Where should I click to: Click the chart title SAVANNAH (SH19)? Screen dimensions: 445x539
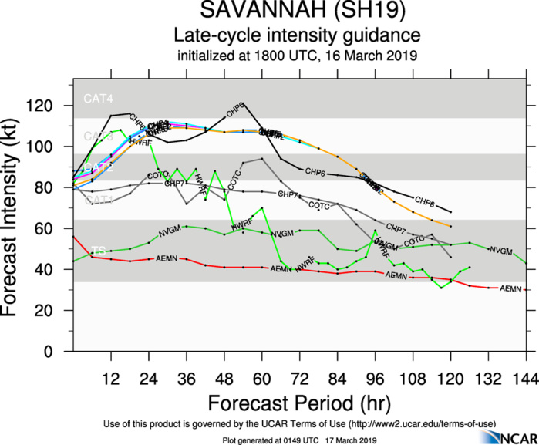297,12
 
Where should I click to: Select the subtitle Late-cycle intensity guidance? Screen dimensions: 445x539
297,35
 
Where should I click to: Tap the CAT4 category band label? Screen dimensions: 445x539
99,99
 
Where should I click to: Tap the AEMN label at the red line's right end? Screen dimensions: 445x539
511,288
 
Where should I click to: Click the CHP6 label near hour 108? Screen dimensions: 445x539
425,202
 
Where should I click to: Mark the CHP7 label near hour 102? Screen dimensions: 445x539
396,228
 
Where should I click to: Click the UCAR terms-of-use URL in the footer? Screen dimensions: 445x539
422,423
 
